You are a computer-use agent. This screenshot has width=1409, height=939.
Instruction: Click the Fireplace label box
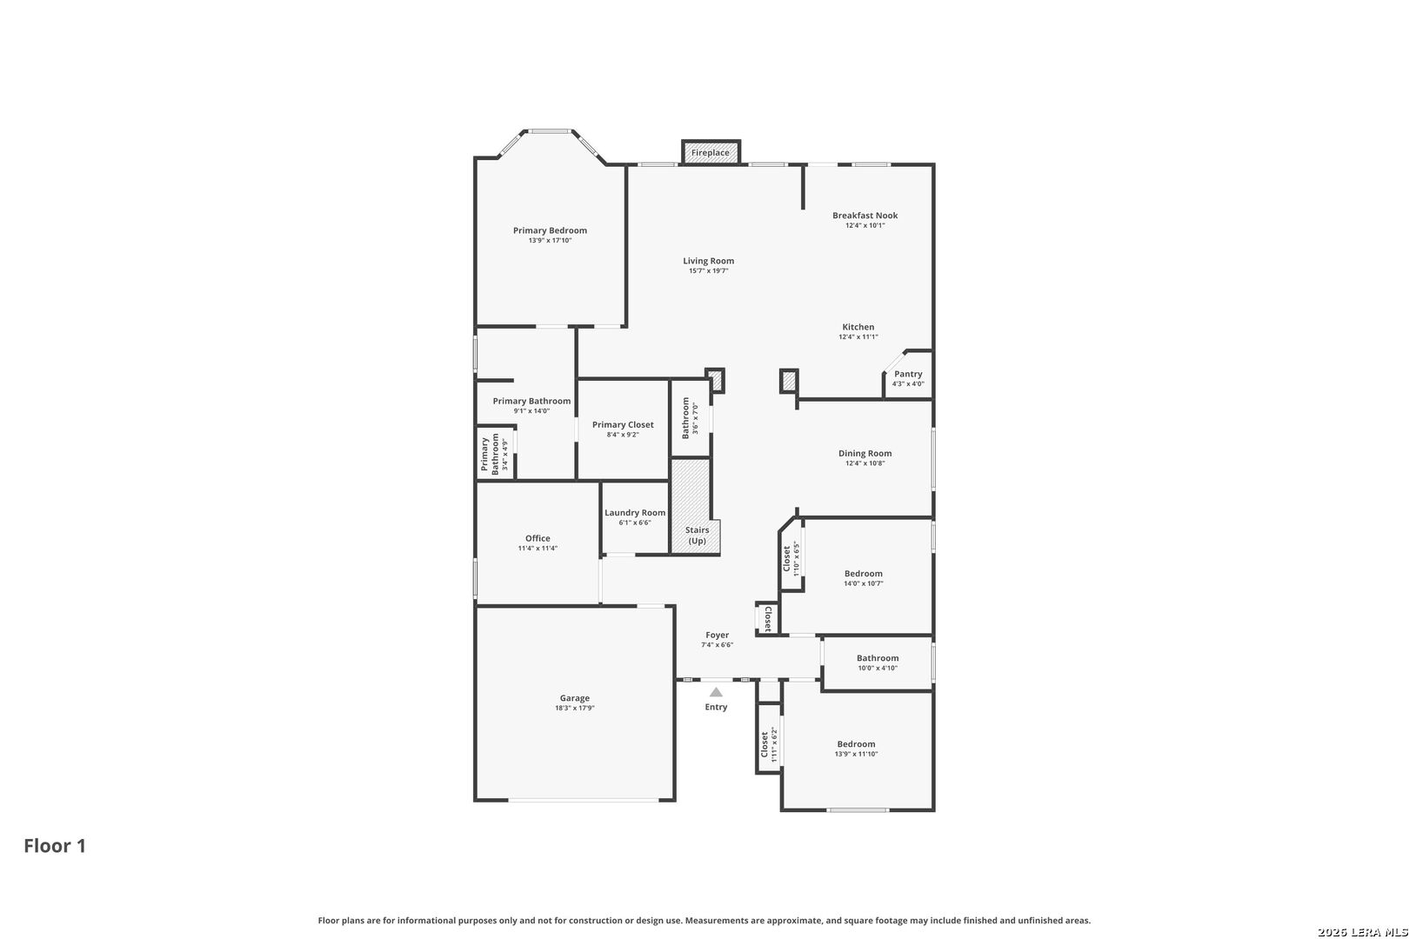point(711,153)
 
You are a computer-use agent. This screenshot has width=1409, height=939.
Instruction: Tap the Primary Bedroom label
point(550,230)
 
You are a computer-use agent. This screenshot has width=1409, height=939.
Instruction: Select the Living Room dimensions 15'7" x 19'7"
point(708,271)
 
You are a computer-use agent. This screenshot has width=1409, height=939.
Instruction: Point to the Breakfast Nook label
point(865,215)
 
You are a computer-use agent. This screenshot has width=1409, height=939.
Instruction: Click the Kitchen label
point(858,327)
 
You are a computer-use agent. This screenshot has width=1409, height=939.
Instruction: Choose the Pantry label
point(908,374)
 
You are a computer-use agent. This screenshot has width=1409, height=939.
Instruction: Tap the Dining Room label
point(865,454)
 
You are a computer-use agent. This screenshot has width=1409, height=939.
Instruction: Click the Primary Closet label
point(623,424)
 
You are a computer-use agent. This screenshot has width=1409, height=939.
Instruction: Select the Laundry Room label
point(635,513)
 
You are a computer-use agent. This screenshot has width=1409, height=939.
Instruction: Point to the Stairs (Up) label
point(697,536)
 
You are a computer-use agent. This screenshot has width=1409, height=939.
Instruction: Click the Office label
point(538,538)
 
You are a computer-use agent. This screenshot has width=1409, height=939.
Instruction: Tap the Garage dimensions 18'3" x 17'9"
point(575,709)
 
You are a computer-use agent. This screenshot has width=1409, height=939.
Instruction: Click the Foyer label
point(717,636)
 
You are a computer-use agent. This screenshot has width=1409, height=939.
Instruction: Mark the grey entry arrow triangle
point(716,692)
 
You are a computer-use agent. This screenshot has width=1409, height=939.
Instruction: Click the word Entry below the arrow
point(716,707)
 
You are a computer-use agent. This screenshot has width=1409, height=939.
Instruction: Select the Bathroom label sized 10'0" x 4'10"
point(878,658)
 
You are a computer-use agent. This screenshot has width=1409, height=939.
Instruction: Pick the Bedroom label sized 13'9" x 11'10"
point(856,744)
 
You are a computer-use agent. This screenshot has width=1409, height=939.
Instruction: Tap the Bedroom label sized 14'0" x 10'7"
point(863,574)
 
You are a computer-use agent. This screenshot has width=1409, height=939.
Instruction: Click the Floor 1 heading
point(55,846)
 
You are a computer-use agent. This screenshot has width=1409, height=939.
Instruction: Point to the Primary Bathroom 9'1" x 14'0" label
point(531,402)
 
